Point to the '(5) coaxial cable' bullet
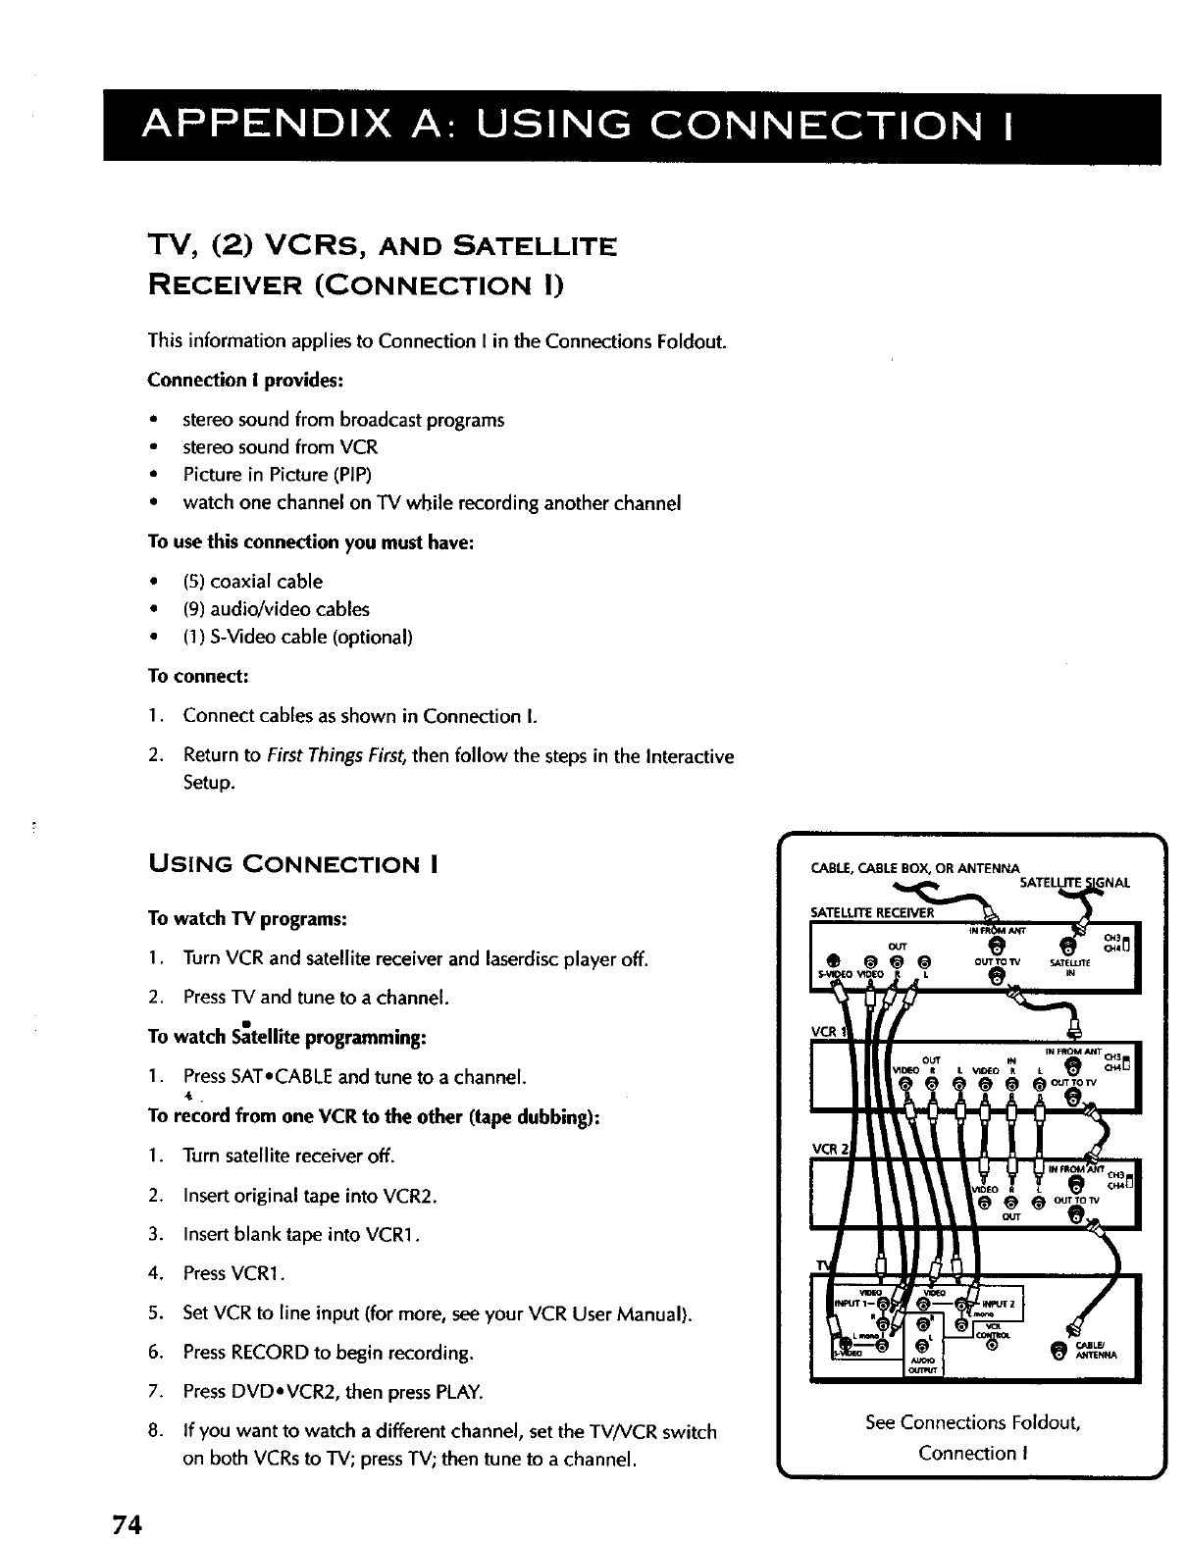252,581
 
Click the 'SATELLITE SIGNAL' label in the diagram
1074,882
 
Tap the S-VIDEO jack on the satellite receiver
831,960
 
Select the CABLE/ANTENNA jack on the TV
1056,1355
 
